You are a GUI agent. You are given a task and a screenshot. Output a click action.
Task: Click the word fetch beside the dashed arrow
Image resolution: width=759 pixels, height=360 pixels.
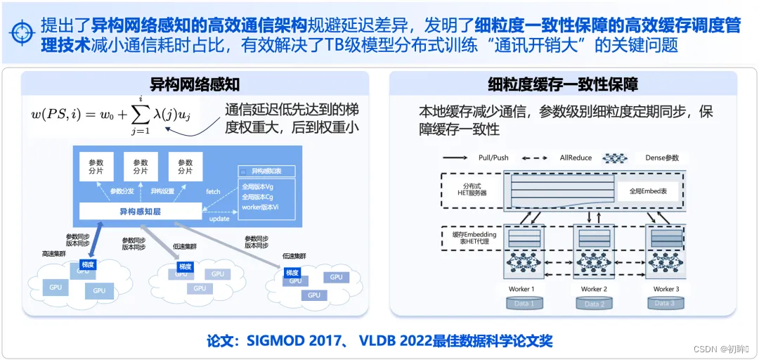click(213, 191)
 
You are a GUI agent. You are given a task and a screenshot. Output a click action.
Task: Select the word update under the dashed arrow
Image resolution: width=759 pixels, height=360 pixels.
click(219, 219)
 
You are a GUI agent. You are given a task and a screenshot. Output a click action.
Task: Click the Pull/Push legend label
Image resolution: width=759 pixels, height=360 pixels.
click(493, 157)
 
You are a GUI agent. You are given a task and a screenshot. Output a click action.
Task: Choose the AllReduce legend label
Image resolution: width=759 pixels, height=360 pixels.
click(576, 157)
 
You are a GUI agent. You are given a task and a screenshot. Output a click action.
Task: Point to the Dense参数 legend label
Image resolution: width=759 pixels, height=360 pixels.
click(662, 157)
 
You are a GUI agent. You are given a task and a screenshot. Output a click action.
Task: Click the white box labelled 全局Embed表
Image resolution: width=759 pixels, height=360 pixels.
click(648, 190)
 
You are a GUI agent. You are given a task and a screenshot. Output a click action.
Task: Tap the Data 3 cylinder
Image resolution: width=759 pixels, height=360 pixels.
click(664, 303)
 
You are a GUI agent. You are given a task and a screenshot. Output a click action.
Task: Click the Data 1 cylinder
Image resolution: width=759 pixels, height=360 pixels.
click(521, 303)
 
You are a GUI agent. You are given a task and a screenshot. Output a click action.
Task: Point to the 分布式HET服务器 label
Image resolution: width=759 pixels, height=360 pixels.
click(469, 190)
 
